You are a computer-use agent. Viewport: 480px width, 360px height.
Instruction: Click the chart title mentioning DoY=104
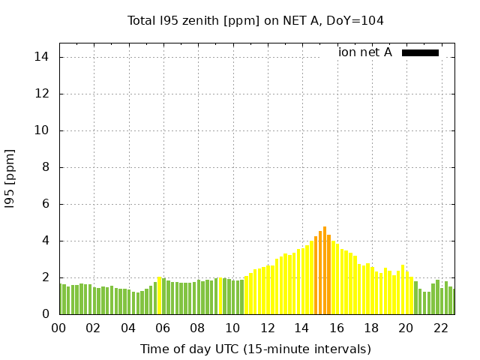click(x=256, y=21)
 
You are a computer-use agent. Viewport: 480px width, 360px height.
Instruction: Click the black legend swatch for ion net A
click(x=420, y=52)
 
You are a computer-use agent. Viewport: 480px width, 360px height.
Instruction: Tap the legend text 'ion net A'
click(x=365, y=52)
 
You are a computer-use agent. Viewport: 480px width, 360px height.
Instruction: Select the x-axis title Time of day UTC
click(x=256, y=349)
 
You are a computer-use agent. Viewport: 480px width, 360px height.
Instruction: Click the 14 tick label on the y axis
click(x=43, y=57)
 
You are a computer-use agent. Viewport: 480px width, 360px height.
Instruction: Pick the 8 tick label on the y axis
click(x=46, y=167)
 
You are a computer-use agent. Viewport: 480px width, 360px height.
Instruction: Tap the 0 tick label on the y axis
click(x=46, y=314)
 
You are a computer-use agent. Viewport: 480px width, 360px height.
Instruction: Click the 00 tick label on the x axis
click(x=58, y=328)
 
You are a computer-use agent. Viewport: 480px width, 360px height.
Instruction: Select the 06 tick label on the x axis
click(x=163, y=328)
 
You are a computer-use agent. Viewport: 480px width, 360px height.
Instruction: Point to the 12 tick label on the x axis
click(x=267, y=328)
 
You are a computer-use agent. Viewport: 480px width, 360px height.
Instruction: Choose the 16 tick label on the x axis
click(x=337, y=328)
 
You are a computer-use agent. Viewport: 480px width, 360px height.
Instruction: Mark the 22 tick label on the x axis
click(x=441, y=328)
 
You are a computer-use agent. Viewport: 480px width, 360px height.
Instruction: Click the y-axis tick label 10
click(x=43, y=130)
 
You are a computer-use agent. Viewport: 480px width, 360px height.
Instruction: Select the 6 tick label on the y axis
click(x=46, y=204)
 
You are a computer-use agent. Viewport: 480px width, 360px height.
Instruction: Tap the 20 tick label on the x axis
click(x=406, y=328)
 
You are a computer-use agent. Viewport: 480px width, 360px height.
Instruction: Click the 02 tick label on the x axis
click(x=93, y=328)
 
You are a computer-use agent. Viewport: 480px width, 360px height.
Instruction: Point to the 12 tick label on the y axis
click(x=43, y=94)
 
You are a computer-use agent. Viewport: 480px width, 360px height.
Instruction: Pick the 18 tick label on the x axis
click(x=371, y=328)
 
